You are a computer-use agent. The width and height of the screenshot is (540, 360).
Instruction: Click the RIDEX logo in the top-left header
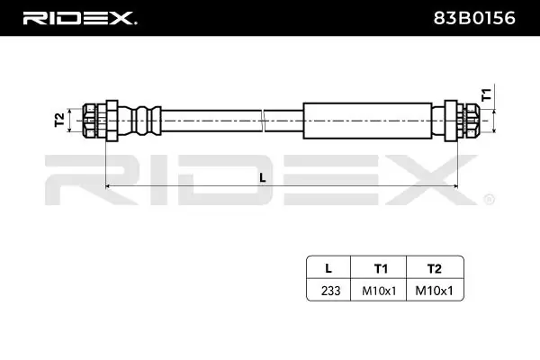(79, 17)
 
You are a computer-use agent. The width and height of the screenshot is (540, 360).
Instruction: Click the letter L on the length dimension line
(262, 177)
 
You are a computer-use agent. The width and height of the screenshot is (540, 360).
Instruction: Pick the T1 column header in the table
(380, 267)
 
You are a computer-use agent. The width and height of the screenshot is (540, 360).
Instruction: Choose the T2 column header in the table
(435, 267)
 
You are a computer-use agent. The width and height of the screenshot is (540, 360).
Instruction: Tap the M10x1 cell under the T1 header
(380, 290)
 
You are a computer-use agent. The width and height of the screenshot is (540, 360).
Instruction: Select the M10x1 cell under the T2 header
(435, 290)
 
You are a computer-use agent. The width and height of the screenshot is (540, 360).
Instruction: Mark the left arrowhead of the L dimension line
(110, 186)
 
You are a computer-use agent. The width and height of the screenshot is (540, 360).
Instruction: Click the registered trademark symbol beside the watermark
(489, 199)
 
